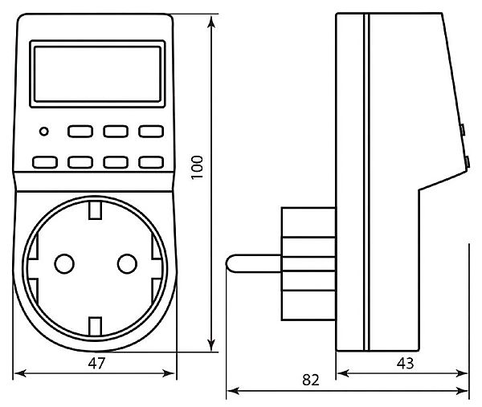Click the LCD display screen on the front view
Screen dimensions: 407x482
[95, 73]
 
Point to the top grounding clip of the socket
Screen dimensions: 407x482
[94, 210]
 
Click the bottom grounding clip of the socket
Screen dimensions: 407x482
[94, 325]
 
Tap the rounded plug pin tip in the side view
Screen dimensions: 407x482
[233, 263]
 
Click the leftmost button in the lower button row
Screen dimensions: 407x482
[43, 163]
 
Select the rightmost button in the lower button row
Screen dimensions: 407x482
[150, 163]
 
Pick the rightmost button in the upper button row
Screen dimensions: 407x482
[150, 131]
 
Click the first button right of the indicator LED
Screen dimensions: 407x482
[80, 131]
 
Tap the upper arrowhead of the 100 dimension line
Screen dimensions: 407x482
[213, 20]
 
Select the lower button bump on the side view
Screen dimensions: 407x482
[468, 163]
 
